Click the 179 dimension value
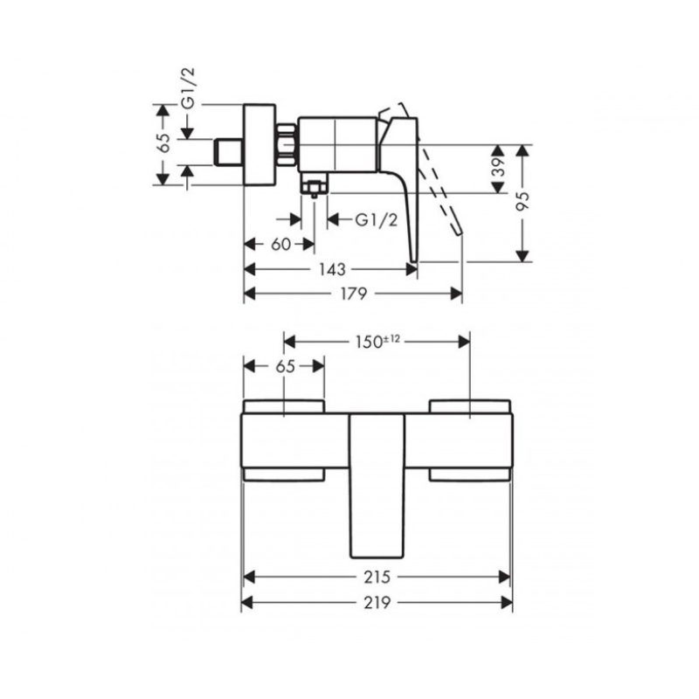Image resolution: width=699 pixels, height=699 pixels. (x=354, y=294)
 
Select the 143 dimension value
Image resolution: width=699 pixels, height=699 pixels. (x=333, y=269)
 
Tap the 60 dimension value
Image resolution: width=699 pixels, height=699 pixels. (x=280, y=245)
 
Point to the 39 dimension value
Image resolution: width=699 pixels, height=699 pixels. (x=499, y=168)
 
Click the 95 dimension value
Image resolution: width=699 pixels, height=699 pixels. (x=523, y=202)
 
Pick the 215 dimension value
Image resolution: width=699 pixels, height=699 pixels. (x=377, y=577)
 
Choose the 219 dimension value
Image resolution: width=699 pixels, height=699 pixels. (x=377, y=602)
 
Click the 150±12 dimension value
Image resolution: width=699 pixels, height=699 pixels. (x=377, y=342)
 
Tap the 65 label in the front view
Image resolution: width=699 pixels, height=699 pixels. (x=286, y=366)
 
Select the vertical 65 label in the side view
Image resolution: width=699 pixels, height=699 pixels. (x=164, y=142)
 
